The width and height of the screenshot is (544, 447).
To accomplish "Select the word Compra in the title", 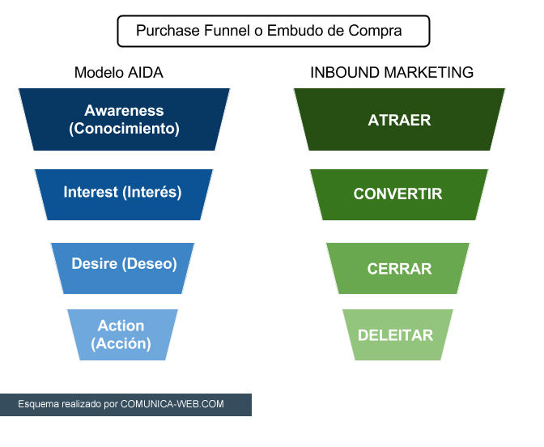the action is click(x=375, y=31).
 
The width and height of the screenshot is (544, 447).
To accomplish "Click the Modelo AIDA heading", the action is click(x=119, y=73).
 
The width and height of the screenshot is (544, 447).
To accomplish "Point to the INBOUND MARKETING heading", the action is click(x=392, y=73).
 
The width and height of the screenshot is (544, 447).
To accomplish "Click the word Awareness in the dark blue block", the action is click(x=124, y=111).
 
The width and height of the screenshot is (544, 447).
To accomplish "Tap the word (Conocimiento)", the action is click(x=124, y=129).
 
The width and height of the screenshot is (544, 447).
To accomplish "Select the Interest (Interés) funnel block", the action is click(x=124, y=194).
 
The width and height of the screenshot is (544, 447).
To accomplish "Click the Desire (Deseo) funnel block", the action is click(x=122, y=268).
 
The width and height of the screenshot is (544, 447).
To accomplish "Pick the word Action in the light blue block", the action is click(x=121, y=326).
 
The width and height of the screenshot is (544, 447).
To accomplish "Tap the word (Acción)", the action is click(x=121, y=343).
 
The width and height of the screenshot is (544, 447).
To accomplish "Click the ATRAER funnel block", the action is click(x=399, y=119).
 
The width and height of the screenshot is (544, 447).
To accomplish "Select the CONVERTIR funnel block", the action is click(x=399, y=194).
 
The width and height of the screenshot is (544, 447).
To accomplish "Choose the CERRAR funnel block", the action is click(x=398, y=268).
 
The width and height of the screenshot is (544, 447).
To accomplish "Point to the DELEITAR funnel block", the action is click(x=398, y=335).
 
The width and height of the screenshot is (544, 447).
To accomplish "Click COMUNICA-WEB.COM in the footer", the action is click(x=172, y=404).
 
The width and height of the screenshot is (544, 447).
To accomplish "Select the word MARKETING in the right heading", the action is click(x=429, y=73).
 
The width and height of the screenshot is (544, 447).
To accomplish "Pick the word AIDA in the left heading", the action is click(x=146, y=73).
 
